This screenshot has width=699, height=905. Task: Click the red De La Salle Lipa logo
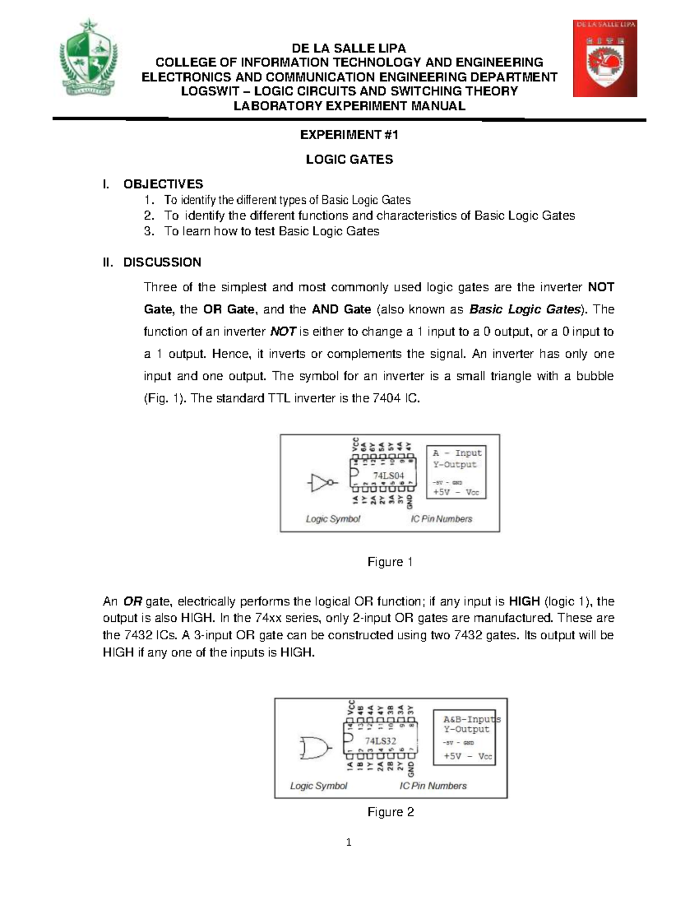(605, 58)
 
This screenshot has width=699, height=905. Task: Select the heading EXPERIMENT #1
(349, 135)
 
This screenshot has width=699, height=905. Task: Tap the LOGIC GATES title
(349, 160)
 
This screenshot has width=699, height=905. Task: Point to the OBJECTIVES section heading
(163, 184)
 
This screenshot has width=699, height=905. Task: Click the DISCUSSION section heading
(162, 262)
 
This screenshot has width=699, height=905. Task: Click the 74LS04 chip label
(389, 476)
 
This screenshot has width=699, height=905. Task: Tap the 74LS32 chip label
(380, 741)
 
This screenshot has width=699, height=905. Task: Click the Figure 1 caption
(390, 562)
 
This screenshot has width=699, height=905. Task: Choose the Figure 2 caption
(390, 812)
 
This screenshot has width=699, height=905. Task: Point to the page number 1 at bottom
(349, 842)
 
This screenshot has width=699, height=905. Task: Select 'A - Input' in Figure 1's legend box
(457, 453)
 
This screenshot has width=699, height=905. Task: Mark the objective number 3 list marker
(149, 231)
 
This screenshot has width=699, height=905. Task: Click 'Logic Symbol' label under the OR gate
(319, 786)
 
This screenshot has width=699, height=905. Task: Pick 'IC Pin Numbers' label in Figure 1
(442, 519)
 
